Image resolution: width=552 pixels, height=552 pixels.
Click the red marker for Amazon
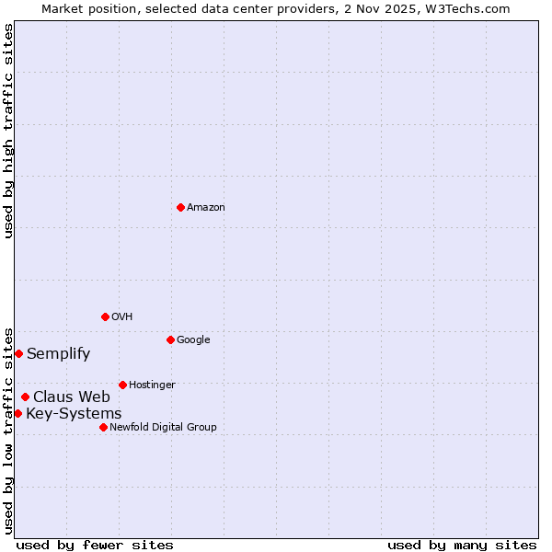(x=180, y=207)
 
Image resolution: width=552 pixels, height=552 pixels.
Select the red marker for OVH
(x=105, y=316)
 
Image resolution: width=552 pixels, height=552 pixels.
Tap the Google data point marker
(x=170, y=339)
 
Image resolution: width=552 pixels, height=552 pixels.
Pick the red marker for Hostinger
(x=122, y=385)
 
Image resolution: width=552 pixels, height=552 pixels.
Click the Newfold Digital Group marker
(x=103, y=427)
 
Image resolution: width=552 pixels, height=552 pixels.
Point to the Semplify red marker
(x=18, y=353)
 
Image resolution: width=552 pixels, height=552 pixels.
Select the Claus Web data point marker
(x=25, y=397)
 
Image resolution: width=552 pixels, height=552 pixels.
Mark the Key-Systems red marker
(x=17, y=413)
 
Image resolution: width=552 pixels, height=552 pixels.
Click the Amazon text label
(x=206, y=207)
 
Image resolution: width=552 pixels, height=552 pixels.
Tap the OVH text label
(x=122, y=316)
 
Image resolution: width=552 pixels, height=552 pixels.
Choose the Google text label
(x=193, y=339)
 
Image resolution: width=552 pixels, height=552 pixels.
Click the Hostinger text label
(x=152, y=385)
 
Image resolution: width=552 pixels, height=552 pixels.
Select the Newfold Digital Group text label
(x=163, y=427)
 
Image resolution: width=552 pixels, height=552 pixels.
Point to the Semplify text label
(x=58, y=353)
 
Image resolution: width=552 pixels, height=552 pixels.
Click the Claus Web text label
(x=72, y=397)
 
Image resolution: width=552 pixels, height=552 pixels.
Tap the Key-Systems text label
(x=74, y=413)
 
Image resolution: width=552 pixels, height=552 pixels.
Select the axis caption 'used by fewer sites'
(x=95, y=545)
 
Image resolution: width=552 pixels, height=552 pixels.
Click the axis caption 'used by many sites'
(x=462, y=545)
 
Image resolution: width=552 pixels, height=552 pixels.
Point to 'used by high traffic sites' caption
(x=8, y=131)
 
